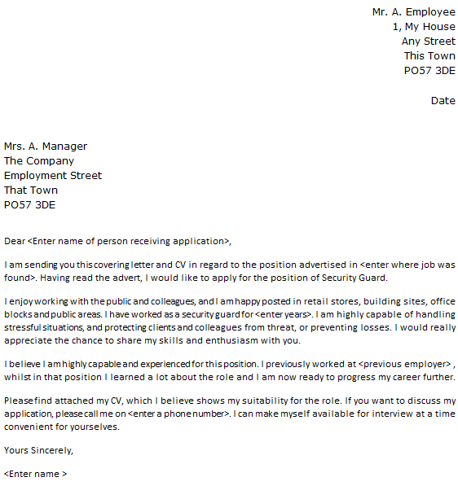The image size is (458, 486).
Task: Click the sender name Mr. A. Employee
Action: click(x=413, y=12)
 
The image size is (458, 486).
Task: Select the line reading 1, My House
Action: click(x=424, y=27)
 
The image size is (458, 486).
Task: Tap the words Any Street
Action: click(x=428, y=42)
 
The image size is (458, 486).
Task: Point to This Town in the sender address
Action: click(x=429, y=56)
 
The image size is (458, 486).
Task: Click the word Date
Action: click(x=443, y=101)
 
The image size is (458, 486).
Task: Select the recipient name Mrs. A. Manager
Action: click(x=46, y=147)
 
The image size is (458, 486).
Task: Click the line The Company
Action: click(x=39, y=161)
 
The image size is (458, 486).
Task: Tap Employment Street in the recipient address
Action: click(x=53, y=176)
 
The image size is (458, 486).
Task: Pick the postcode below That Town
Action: click(x=29, y=205)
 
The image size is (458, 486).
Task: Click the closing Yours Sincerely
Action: click(x=38, y=449)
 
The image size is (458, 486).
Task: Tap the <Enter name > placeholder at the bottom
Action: click(x=36, y=473)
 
